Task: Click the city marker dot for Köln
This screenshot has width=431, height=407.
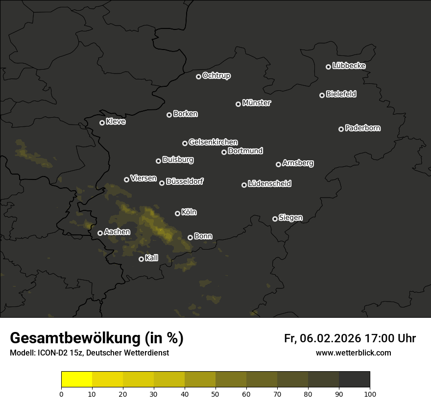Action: point(177,213)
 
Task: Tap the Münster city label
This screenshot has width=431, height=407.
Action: point(256,103)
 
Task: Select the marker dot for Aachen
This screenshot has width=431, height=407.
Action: point(100,233)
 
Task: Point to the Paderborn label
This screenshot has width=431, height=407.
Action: point(362,128)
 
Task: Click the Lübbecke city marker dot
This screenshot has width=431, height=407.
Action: point(328,67)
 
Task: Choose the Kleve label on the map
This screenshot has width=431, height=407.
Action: point(116,122)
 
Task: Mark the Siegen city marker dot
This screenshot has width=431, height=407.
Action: point(275,219)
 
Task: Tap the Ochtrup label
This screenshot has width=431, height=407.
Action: point(216,76)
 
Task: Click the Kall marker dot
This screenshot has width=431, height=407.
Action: point(141,259)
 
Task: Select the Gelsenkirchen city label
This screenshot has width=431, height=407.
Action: point(213,142)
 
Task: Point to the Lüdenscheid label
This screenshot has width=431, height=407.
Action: point(269,184)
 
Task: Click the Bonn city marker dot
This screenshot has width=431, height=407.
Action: point(190,237)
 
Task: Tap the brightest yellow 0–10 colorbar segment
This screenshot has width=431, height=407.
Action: point(76,380)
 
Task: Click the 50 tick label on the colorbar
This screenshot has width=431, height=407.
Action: point(215,394)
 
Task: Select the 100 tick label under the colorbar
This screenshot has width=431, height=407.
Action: point(370,394)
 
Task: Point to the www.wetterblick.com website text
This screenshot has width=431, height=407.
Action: point(353,353)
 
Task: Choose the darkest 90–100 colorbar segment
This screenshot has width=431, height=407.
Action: point(354,380)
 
